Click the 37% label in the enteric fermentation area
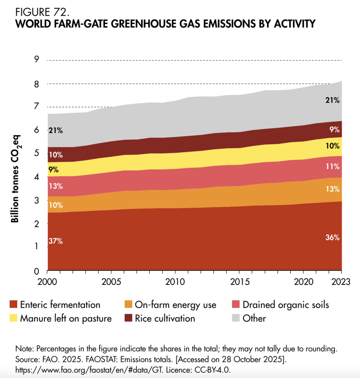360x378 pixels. pos(55,241)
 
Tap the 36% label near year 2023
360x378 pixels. pos(332,237)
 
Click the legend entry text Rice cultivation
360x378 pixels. pos(165,318)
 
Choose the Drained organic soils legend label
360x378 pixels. pos(286,305)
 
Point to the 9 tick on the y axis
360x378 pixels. pos(36,60)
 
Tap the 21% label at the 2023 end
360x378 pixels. pos(332,100)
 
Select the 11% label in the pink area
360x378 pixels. pos(332,166)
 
